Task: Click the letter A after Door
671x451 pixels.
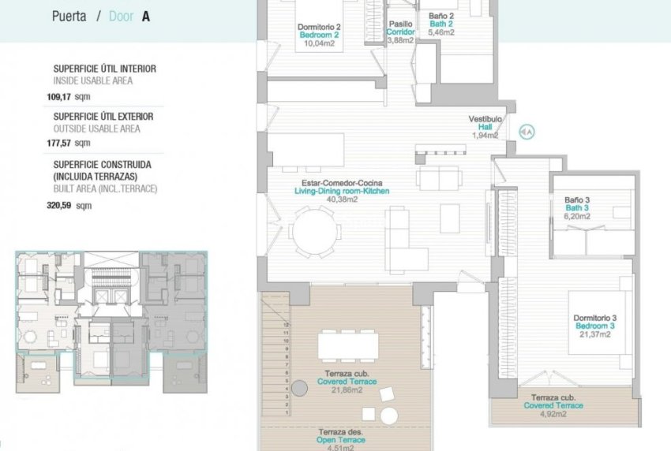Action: [145, 15]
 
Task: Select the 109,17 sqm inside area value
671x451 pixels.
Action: [69, 98]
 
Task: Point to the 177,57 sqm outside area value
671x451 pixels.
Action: [69, 143]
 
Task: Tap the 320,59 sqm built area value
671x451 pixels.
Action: [69, 206]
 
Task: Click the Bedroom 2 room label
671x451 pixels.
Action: [319, 35]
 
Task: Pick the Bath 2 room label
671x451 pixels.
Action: [441, 24]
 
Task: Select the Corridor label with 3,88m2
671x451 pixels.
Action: [400, 32]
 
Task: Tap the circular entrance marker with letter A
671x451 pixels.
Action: [527, 132]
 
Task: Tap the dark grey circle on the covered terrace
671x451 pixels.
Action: [299, 388]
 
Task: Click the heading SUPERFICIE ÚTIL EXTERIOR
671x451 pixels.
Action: [103, 117]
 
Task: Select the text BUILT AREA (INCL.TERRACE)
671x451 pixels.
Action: [105, 189]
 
